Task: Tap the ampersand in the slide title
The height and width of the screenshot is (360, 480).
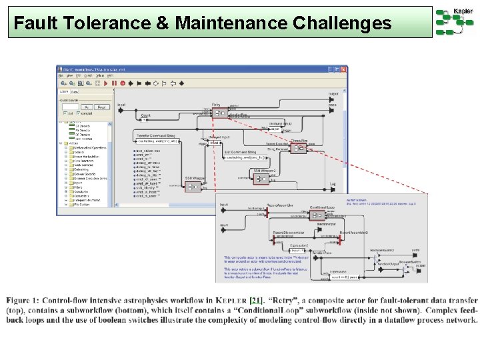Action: [162, 24]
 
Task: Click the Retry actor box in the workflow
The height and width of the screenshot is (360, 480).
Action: [219, 113]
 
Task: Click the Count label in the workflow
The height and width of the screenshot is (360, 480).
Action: [145, 115]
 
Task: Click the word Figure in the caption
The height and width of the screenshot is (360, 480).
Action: [20, 301]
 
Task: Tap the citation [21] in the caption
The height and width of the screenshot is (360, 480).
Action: [256, 301]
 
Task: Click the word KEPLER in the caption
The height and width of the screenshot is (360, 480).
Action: [232, 301]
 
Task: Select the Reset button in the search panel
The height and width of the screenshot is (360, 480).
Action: [101, 107]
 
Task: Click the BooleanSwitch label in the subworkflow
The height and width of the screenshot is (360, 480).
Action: [409, 261]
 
